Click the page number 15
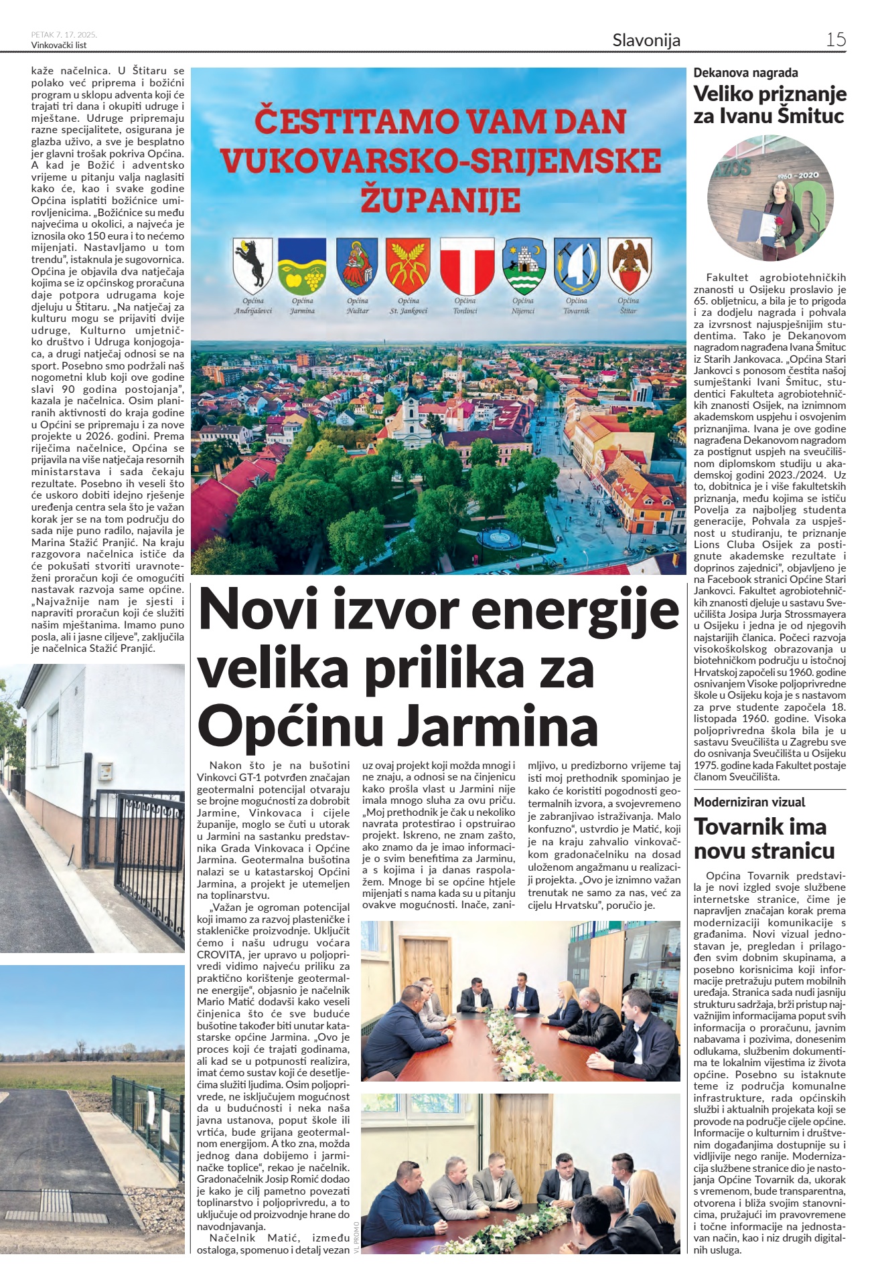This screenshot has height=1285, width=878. click(x=835, y=39)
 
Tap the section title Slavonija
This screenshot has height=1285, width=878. click(x=646, y=40)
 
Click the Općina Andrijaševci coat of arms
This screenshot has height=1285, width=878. click(x=252, y=266)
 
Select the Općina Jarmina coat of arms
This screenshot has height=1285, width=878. click(x=302, y=266)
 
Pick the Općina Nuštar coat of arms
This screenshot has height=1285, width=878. click(x=357, y=266)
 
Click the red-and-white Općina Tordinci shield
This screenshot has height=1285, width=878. click(x=465, y=266)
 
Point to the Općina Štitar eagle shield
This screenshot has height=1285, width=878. click(x=630, y=265)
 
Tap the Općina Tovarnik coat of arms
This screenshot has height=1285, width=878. click(x=576, y=266)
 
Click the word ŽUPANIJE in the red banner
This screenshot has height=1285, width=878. click(x=440, y=199)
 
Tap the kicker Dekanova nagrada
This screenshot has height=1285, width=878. click(x=745, y=73)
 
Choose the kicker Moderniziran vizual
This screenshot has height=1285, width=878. click(x=749, y=802)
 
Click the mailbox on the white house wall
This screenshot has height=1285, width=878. click(x=105, y=772)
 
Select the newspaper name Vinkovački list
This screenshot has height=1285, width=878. click(x=59, y=46)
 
